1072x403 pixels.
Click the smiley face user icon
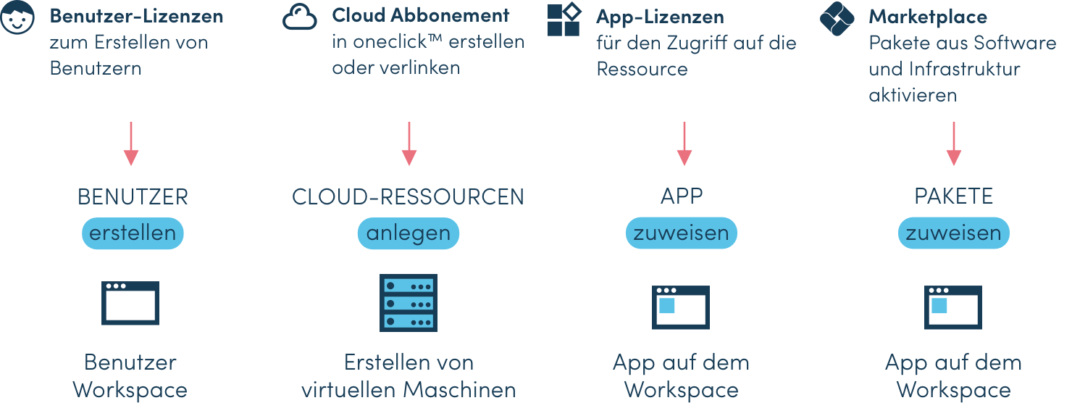tap(17, 17)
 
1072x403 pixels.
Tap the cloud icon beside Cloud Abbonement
tap(300, 17)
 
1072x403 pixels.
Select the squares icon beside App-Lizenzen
tap(564, 19)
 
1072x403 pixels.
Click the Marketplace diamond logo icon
tap(837, 19)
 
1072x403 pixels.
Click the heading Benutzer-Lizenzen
tap(136, 15)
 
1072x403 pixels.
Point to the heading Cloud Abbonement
tap(420, 15)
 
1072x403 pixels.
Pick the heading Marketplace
tap(928, 16)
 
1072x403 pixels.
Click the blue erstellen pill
tap(133, 233)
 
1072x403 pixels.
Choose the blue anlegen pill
tap(409, 233)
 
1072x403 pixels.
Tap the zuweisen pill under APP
tap(681, 233)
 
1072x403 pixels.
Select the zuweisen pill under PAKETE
tap(953, 233)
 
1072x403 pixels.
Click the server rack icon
tap(409, 303)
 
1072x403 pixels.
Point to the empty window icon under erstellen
tap(130, 302)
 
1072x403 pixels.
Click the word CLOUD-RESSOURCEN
tap(408, 196)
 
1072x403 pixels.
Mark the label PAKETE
tap(953, 196)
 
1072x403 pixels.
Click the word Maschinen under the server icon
tap(460, 389)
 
